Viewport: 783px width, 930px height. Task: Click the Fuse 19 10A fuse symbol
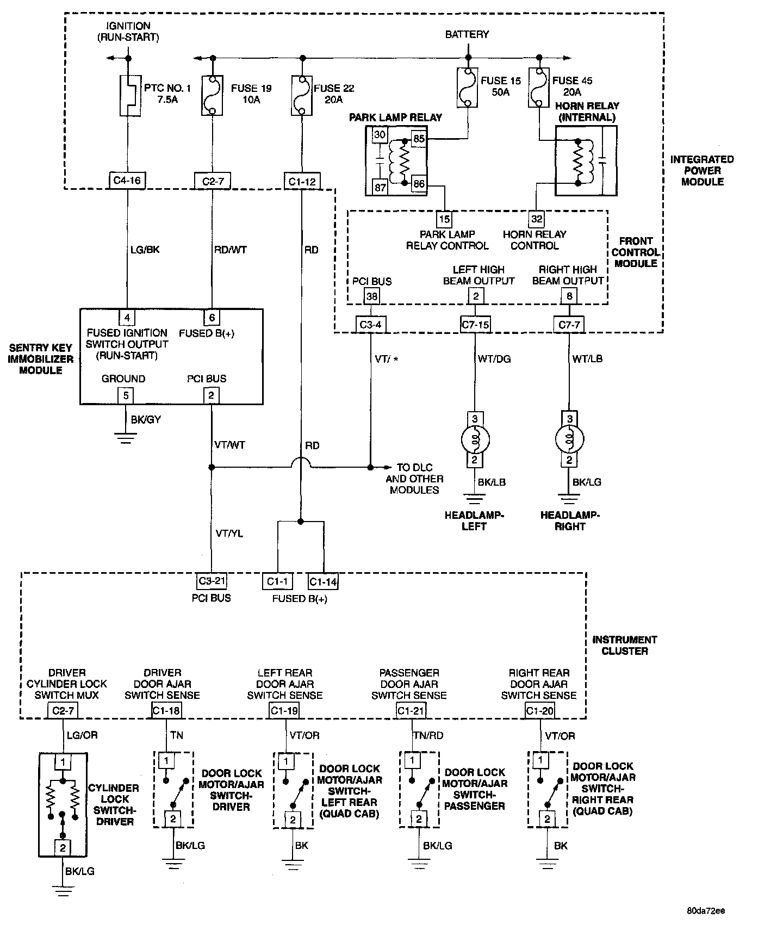click(x=212, y=95)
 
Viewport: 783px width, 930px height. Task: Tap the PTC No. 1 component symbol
click(x=128, y=95)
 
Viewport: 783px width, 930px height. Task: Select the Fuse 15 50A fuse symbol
click(x=467, y=87)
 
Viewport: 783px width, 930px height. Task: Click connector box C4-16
click(x=128, y=181)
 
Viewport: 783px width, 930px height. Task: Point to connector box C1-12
click(x=301, y=181)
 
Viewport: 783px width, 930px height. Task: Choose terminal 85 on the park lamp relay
click(x=419, y=139)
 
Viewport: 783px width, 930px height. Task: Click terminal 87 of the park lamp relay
click(x=380, y=188)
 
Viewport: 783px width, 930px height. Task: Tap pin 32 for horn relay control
click(x=537, y=219)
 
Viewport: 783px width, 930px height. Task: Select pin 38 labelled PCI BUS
click(x=371, y=296)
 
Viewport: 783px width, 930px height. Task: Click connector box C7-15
click(x=475, y=325)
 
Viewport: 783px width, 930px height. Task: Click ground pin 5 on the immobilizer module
click(x=126, y=395)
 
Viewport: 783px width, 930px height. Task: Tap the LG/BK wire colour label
click(x=145, y=250)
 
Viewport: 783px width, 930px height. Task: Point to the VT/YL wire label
click(x=229, y=534)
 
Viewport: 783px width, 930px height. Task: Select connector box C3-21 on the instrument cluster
click(x=212, y=581)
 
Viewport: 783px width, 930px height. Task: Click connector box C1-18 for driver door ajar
click(x=166, y=710)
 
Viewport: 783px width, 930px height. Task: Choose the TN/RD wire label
click(x=428, y=735)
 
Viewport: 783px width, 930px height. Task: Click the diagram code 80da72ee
click(x=706, y=910)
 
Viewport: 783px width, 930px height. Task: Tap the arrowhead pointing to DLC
click(x=388, y=467)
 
